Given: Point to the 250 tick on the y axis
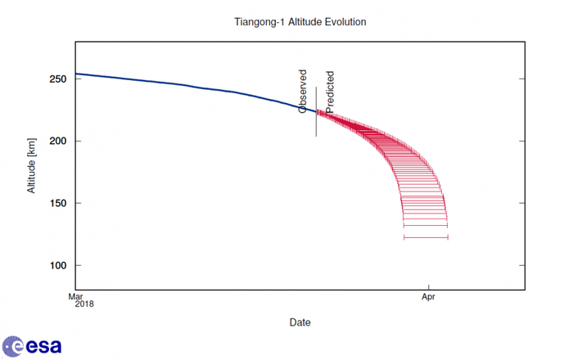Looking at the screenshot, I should [57, 79].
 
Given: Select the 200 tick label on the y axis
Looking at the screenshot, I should [57, 142].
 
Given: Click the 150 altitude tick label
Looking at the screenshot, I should [57, 204].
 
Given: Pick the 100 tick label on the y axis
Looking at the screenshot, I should [57, 266].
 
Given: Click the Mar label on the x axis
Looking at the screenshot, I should [75, 296].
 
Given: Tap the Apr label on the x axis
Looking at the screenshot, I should [427, 296].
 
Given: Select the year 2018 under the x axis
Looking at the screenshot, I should [85, 304].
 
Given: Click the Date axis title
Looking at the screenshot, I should [300, 322].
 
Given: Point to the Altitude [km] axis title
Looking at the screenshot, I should [32, 167].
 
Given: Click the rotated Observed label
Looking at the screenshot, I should [303, 91].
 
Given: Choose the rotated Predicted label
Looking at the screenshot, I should [330, 91].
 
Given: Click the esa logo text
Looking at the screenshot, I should [43, 346].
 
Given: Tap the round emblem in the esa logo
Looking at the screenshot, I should [11, 345].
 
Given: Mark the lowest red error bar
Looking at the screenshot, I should [426, 237].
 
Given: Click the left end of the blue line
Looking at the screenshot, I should [76, 74].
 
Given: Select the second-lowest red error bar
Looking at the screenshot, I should [426, 225].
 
